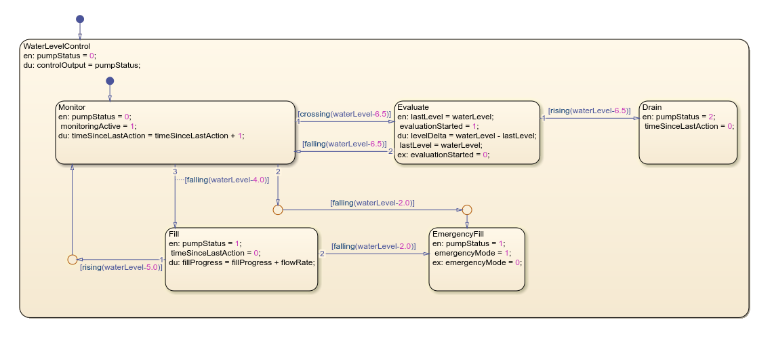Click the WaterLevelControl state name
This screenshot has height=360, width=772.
coord(56,46)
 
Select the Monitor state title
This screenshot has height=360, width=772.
coord(73,107)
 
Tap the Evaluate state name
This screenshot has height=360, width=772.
coord(413,107)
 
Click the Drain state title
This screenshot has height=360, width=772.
coord(652,107)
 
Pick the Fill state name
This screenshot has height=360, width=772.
coord(174,234)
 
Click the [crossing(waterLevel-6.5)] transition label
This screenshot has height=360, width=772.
coord(345,114)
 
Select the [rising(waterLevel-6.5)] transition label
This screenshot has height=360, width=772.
coord(589,110)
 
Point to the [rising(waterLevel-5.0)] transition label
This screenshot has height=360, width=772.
coord(121,267)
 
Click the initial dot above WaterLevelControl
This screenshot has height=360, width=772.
coord(80,19)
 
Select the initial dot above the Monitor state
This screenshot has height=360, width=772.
coord(110,81)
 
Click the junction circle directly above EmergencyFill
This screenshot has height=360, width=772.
coord(467,210)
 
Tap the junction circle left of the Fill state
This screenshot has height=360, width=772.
coord(72,259)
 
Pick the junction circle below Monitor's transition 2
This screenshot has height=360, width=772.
coord(278,210)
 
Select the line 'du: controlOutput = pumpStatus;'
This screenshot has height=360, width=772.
coord(81,65)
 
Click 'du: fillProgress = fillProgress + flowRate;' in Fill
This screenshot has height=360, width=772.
coord(242,262)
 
